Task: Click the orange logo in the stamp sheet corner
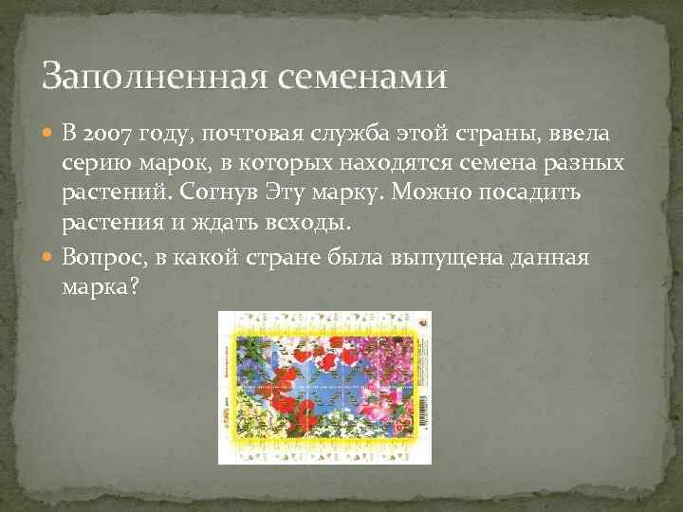[x=422, y=322]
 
